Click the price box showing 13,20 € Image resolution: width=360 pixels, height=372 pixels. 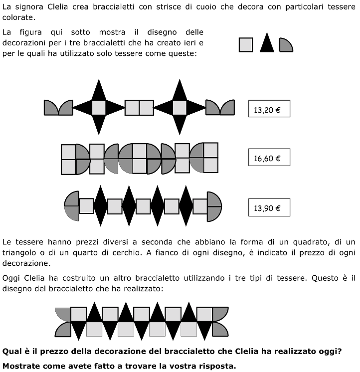coord(269,109)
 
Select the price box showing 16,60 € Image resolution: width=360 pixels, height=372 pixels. coord(269,158)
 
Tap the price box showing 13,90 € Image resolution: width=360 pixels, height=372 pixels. coord(269,207)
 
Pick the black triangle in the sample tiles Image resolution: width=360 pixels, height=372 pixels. coord(267,43)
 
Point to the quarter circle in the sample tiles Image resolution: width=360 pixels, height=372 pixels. coord(286,45)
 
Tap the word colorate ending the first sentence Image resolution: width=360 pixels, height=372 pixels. coord(18,17)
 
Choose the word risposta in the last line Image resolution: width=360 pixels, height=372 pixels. coord(215,366)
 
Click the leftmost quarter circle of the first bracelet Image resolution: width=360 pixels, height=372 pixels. coord(51,108)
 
